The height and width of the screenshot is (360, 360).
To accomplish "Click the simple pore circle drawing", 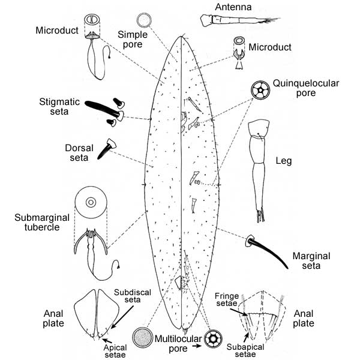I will (x=144, y=20).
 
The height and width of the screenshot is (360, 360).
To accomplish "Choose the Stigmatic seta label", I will (x=68, y=106).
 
